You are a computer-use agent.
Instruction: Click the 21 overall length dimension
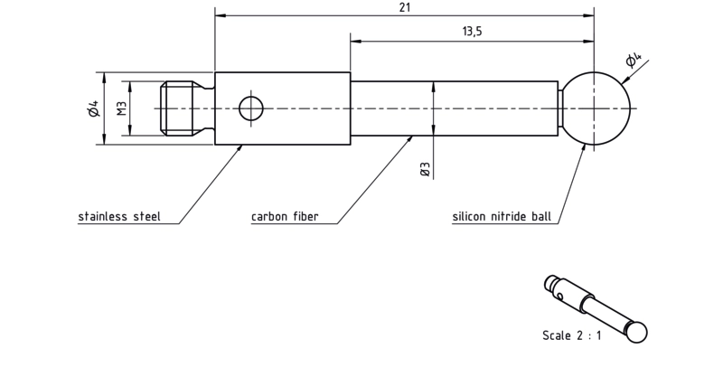pyautogui.click(x=405, y=7)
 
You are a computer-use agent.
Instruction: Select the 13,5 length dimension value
pyautogui.click(x=472, y=32)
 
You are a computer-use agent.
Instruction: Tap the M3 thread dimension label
pyautogui.click(x=122, y=108)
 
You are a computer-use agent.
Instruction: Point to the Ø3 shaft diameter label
pyautogui.click(x=425, y=169)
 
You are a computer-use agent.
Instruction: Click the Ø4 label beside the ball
pyautogui.click(x=634, y=60)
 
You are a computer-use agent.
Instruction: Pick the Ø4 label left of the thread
pyautogui.click(x=94, y=108)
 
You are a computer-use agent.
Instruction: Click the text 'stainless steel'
pyautogui.click(x=119, y=216)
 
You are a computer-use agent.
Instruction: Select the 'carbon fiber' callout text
pyautogui.click(x=285, y=216)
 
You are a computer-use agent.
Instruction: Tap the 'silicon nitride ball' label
pyautogui.click(x=502, y=216)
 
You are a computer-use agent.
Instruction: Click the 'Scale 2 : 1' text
pyautogui.click(x=572, y=335)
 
